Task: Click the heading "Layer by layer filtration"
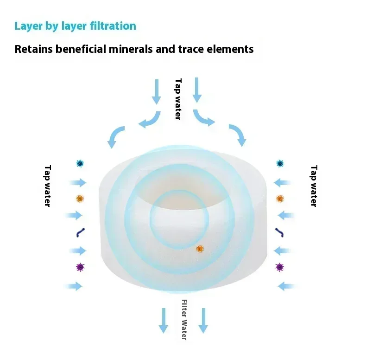75,26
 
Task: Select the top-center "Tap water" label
178,99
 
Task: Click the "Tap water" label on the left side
47,186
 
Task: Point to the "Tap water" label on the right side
314,186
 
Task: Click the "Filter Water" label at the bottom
184,320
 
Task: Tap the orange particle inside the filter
200,249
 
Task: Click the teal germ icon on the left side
80,163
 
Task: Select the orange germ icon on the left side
80,199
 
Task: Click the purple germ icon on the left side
80,267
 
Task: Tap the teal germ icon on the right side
280,163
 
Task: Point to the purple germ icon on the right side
279,267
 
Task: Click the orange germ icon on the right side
280,199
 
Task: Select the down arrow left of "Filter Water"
163,320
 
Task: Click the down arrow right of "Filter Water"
203,320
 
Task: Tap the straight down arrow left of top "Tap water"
157,91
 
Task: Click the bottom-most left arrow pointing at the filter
76,286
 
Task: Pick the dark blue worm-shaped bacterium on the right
279,231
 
